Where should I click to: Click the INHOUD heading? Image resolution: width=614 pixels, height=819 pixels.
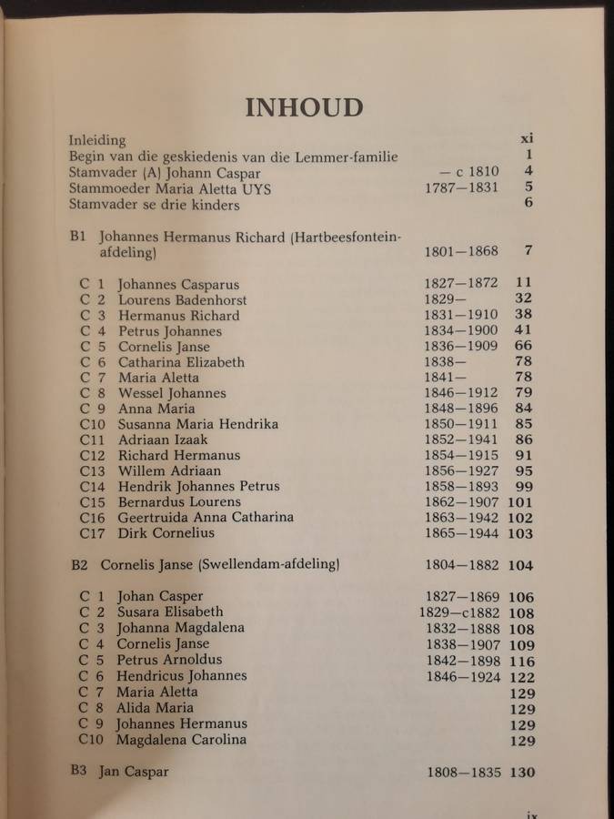tap(304, 106)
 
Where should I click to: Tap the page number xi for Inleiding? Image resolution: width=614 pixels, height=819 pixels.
tap(526, 139)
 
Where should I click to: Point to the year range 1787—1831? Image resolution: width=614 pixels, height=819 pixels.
tap(462, 188)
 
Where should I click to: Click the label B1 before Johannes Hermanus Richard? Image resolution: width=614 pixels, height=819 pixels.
tap(77, 236)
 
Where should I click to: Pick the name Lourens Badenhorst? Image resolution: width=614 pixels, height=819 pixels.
tap(182, 299)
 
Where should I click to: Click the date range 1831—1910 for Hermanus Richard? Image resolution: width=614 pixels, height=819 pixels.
tap(461, 315)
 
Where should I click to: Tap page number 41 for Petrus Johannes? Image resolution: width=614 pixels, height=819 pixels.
tap(523, 330)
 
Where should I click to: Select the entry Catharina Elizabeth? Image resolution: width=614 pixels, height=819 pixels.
tap(181, 361)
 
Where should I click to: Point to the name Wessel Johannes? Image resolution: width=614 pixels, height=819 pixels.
tap(172, 393)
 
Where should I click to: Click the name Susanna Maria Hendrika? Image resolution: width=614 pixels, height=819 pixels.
tap(198, 424)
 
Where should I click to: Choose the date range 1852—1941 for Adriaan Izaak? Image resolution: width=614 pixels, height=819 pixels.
tap(461, 440)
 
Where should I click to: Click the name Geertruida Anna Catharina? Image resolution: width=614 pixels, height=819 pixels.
tap(206, 517)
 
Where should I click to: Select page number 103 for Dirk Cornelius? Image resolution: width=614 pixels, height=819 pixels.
tap(519, 533)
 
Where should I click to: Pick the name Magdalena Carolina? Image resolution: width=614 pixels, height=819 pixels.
tap(181, 739)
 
